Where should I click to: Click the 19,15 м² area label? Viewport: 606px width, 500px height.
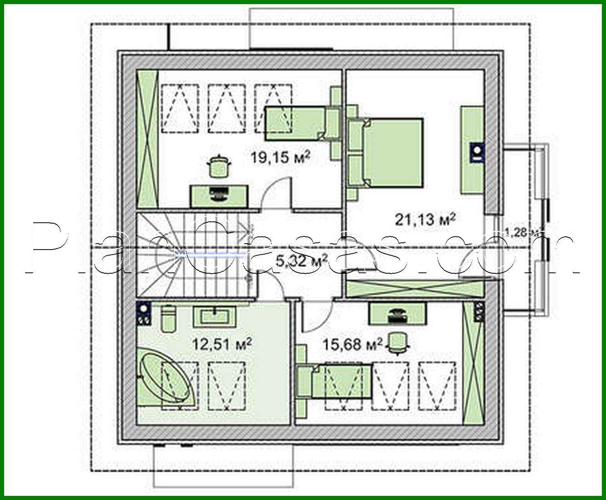pyautogui.click(x=280, y=158)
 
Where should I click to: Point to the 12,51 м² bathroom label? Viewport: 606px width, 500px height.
pyautogui.click(x=222, y=344)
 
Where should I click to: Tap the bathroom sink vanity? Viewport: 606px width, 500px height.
pyautogui.click(x=214, y=316)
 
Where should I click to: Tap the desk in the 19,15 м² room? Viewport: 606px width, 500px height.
pyautogui.click(x=219, y=195)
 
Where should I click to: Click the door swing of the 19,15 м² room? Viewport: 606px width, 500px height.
pyautogui.click(x=278, y=194)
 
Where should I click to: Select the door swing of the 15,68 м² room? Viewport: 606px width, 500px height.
pyautogui.click(x=316, y=316)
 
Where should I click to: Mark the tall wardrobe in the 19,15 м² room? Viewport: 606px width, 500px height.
pyautogui.click(x=147, y=138)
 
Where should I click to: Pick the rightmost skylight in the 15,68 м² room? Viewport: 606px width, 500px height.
pyautogui.click(x=437, y=386)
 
